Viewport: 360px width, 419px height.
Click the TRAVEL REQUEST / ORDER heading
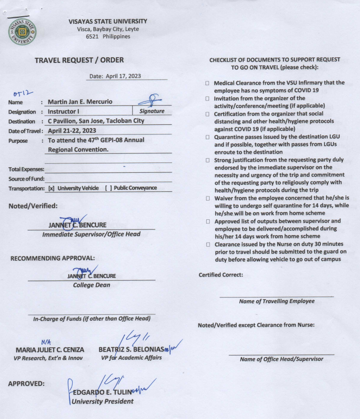[x=79, y=60]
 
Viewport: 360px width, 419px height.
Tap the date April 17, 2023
[x=115, y=76]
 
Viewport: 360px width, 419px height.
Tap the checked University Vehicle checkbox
[x=51, y=188]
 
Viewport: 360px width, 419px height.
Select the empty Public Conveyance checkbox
[x=108, y=188]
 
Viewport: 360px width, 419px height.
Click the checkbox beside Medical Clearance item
[x=207, y=83]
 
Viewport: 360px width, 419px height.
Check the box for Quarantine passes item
[x=207, y=137]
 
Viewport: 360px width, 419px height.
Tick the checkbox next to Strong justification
[x=207, y=160]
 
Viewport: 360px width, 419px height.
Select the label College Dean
[x=91, y=285]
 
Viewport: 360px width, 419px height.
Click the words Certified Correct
[x=221, y=275]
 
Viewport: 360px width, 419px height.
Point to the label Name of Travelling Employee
[x=277, y=301]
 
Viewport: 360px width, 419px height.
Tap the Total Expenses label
[x=27, y=169]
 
